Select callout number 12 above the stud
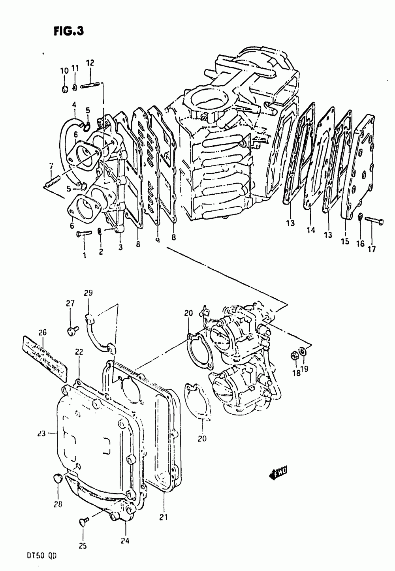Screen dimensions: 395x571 90,62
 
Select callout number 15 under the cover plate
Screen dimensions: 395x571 345,241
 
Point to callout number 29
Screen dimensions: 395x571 88,293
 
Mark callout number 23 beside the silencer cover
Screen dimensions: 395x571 41,433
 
